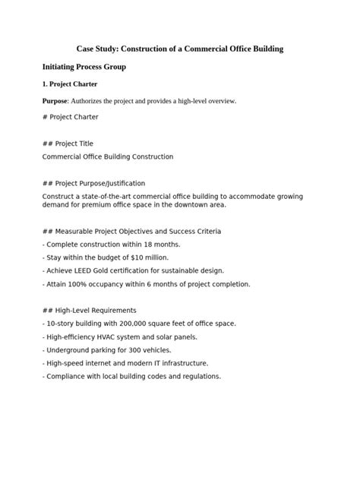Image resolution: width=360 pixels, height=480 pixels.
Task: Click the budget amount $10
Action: point(145,257)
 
